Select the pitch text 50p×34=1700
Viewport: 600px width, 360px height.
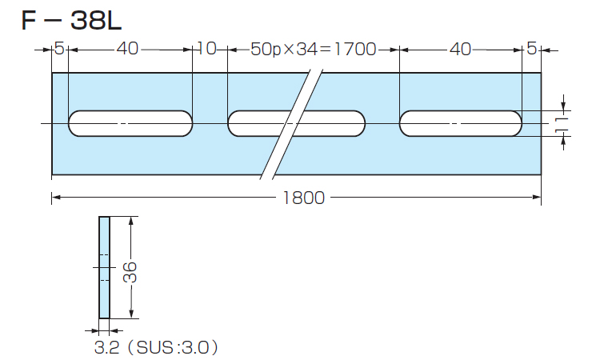313,50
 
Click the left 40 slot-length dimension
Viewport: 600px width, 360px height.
128,50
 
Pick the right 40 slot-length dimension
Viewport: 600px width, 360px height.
460,50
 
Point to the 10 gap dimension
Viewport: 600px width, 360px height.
206,50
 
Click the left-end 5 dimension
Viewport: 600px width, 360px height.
58,50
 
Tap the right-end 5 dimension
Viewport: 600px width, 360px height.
531,50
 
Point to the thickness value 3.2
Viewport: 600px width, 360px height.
106,348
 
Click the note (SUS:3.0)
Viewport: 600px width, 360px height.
178,348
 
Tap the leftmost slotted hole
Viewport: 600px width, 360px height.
130,124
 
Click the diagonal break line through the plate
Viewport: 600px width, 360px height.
293,124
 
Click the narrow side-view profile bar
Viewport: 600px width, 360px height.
104,267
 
